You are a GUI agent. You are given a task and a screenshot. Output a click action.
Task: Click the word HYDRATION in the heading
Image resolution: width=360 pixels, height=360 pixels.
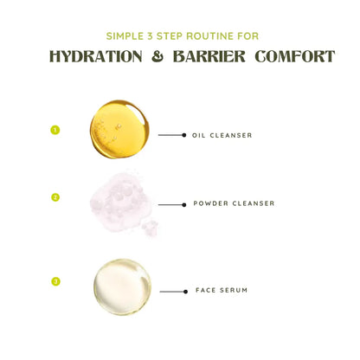96,56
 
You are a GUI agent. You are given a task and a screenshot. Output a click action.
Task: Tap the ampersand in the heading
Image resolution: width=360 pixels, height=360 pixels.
157,56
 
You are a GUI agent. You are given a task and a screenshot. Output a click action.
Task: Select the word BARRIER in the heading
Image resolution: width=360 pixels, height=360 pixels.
209,56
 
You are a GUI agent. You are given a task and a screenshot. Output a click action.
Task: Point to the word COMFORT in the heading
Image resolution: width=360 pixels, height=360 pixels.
295,56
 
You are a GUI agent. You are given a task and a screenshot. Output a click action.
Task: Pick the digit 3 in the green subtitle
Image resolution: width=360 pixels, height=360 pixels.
150,36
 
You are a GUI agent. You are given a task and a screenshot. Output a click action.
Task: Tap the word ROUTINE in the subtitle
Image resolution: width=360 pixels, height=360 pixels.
209,36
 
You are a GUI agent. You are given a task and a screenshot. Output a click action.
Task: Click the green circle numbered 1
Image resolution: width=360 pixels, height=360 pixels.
55,130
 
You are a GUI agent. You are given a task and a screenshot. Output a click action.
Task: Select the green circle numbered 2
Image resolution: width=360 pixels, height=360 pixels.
55,197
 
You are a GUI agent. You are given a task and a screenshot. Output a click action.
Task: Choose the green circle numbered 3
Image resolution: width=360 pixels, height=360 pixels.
55,281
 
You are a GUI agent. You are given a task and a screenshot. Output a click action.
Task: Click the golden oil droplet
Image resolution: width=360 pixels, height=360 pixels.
119,129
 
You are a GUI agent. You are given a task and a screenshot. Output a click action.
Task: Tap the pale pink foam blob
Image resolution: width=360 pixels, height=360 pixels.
121,202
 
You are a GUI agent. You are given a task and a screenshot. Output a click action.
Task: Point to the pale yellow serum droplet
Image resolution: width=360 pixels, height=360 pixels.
122,286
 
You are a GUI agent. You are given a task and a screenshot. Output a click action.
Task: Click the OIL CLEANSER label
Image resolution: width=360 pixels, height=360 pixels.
222,135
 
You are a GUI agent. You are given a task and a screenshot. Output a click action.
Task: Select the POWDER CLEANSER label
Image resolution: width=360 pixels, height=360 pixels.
234,203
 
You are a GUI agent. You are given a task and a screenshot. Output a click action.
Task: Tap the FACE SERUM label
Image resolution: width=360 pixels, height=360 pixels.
222,290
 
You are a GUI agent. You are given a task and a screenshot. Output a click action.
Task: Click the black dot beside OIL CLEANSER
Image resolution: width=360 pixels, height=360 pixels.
184,135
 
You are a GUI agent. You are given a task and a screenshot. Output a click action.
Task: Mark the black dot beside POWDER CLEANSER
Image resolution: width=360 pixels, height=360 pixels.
184,205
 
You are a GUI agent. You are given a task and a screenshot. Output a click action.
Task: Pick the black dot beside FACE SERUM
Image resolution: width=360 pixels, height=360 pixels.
185,292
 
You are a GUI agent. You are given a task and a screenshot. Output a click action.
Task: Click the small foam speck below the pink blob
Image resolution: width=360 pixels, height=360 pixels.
150,228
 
